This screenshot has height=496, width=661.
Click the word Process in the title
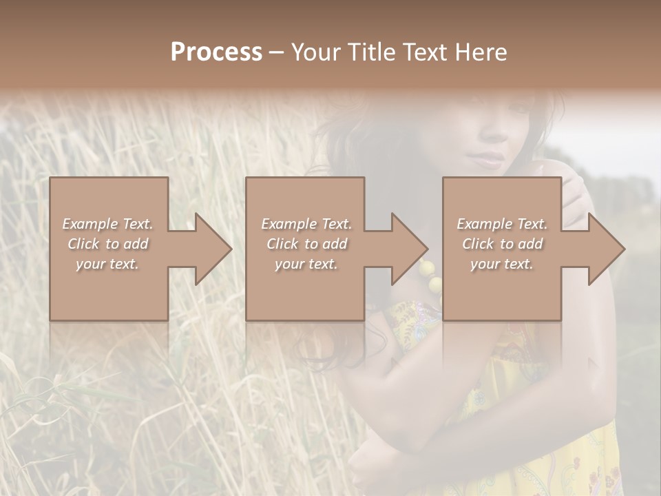(216, 52)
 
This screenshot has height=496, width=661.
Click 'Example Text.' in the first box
(107, 224)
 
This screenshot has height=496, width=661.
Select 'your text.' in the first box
(107, 264)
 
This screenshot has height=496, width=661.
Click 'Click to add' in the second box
(306, 244)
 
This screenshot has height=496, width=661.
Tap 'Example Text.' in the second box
(306, 224)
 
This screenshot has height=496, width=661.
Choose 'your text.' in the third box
(502, 264)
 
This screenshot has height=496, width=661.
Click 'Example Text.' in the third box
(502, 224)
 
